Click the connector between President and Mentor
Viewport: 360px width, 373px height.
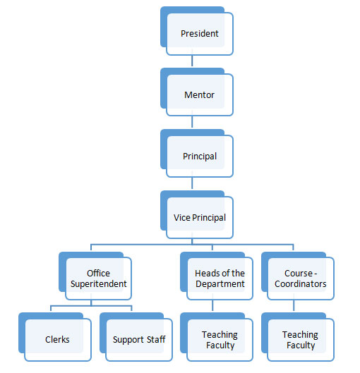pos(192,61)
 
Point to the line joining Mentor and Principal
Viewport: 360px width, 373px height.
pos(192,122)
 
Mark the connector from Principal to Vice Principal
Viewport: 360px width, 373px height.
pos(192,183)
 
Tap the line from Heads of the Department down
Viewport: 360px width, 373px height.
pos(212,305)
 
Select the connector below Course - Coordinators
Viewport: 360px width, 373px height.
pos(294,305)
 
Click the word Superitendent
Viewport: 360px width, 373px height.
pos(99,284)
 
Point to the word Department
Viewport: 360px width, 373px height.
pos(220,284)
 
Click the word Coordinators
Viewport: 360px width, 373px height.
pos(301,283)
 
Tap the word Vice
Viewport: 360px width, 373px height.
pos(182,218)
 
